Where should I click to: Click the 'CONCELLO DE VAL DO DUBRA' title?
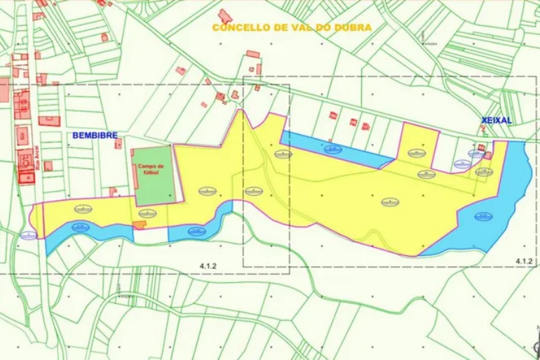click(292, 27)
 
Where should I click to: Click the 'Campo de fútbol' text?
click(149, 168)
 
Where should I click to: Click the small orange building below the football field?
click(140, 225)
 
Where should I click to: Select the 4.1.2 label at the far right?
click(524, 261)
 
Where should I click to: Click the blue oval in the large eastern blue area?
click(483, 216)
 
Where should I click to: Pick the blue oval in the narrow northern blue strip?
click(332, 148)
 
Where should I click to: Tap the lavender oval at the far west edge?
click(29, 236)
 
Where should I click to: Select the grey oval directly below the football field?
click(147, 213)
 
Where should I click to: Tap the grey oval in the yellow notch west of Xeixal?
click(416, 152)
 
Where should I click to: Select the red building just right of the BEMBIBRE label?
click(118, 143)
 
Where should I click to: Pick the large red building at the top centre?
click(225, 15)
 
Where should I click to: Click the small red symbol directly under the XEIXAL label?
click(483, 130)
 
